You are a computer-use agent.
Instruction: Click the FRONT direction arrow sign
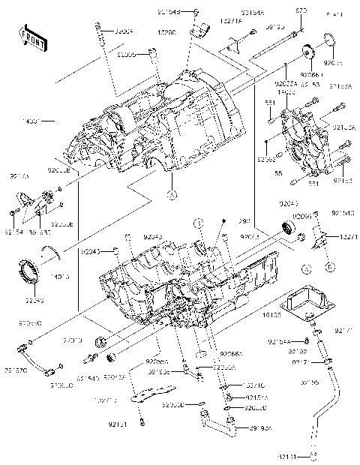click(x=29, y=35)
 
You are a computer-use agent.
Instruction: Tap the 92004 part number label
click(x=123, y=31)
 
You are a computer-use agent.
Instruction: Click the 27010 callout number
click(x=73, y=340)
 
